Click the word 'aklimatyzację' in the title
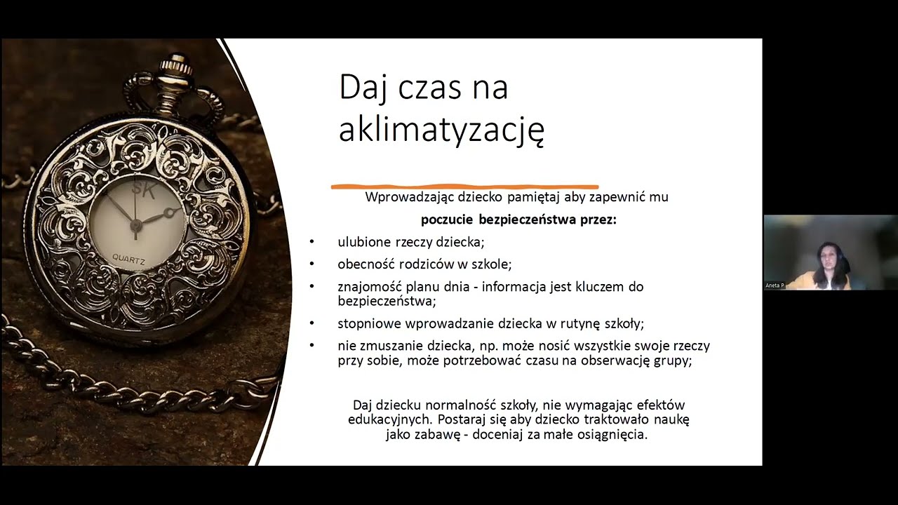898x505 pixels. (x=441, y=130)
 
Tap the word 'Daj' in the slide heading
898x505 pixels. (x=363, y=88)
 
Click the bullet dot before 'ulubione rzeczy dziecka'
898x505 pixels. (x=312, y=242)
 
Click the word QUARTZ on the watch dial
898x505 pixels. (x=129, y=260)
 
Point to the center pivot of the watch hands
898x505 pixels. (x=136, y=224)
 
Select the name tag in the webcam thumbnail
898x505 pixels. (x=775, y=285)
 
